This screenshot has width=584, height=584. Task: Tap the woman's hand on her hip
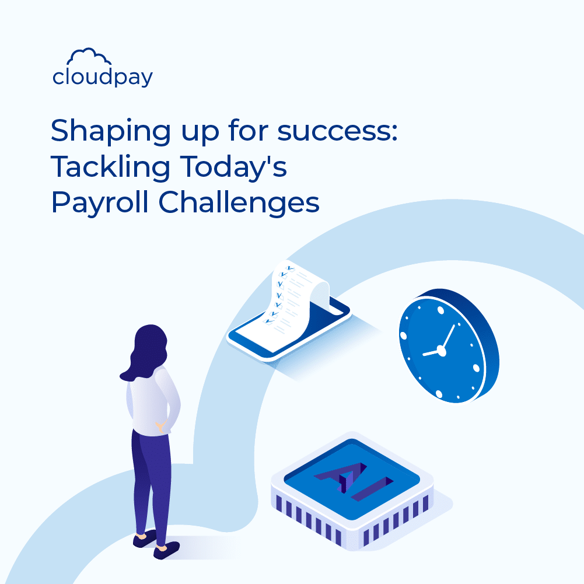[159, 428]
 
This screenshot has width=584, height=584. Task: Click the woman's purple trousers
[150, 478]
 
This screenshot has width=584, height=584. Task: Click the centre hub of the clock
[441, 351]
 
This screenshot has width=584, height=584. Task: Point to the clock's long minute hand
[448, 337]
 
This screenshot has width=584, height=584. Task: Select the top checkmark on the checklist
[286, 268]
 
